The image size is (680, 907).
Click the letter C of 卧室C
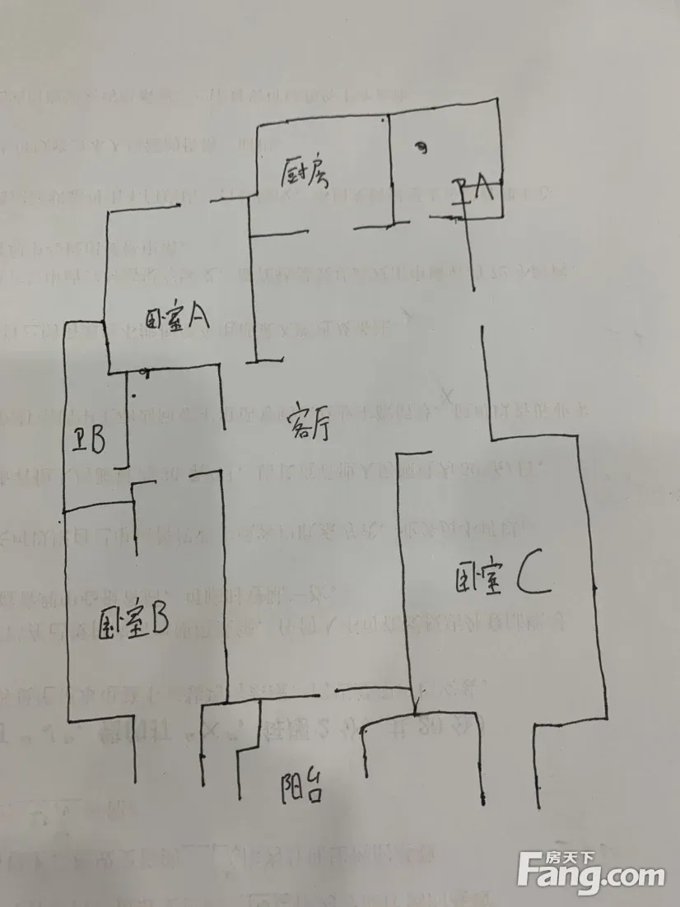pyautogui.click(x=531, y=578)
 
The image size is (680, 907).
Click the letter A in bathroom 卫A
pyautogui.click(x=483, y=191)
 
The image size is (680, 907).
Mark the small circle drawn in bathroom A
pyautogui.click(x=421, y=149)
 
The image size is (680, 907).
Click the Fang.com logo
pyautogui.click(x=592, y=871)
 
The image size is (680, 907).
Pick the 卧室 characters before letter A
pyautogui.click(x=165, y=318)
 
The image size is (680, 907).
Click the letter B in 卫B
pyautogui.click(x=96, y=442)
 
